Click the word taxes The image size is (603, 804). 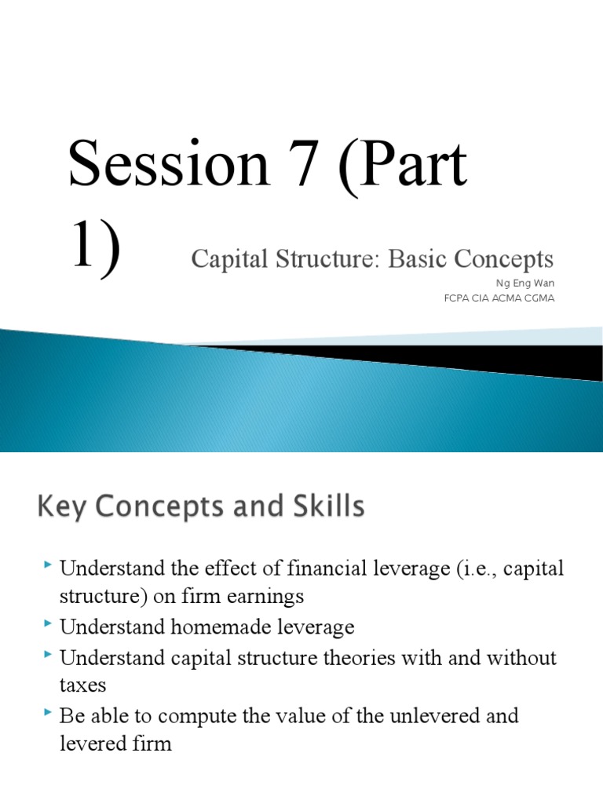pyautogui.click(x=82, y=685)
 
